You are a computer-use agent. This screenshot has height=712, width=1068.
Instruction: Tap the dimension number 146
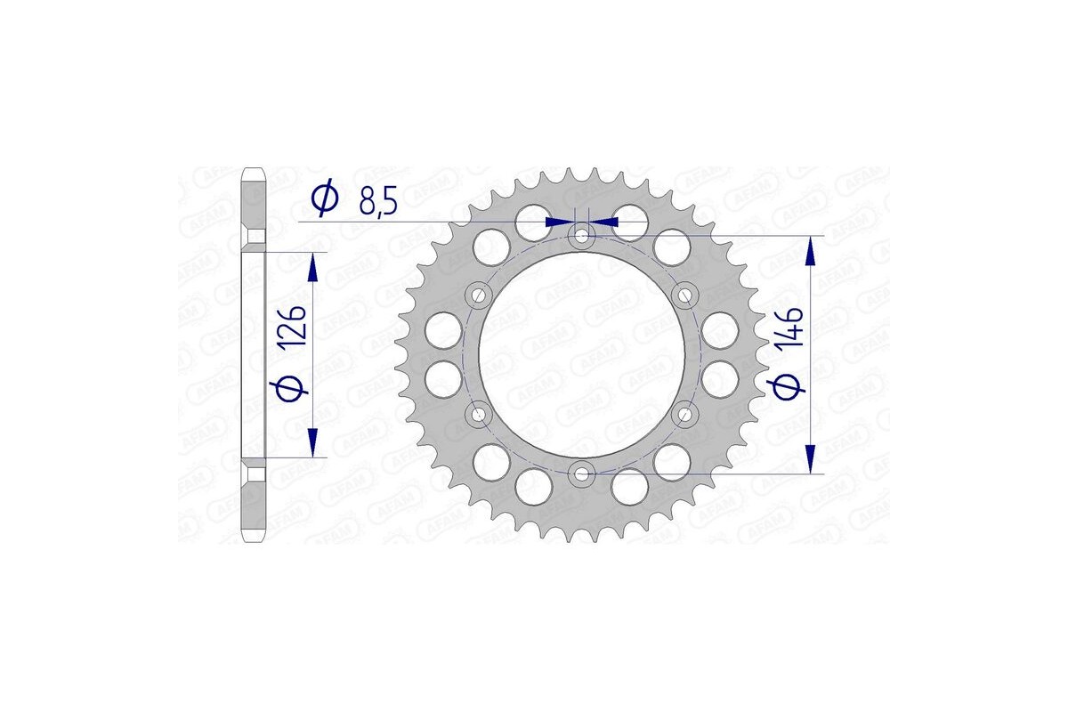click(x=794, y=328)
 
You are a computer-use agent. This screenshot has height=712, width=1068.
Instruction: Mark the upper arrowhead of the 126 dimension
click(x=312, y=267)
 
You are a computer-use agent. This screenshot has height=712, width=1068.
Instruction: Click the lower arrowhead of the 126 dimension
click(x=312, y=441)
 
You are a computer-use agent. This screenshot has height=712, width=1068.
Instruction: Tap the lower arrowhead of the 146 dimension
click(x=809, y=458)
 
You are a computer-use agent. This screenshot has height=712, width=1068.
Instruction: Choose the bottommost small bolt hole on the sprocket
click(x=582, y=473)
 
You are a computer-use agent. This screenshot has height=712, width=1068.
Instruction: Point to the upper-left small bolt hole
click(x=479, y=295)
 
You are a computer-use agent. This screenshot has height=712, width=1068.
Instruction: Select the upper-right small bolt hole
click(x=685, y=295)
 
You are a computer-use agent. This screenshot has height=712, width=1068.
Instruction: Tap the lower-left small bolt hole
click(x=479, y=414)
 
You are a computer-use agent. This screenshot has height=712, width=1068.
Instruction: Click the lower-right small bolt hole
click(x=685, y=414)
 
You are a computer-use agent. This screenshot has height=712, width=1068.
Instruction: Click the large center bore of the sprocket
click(x=582, y=354)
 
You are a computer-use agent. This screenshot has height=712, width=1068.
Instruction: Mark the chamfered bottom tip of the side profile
click(x=255, y=537)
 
